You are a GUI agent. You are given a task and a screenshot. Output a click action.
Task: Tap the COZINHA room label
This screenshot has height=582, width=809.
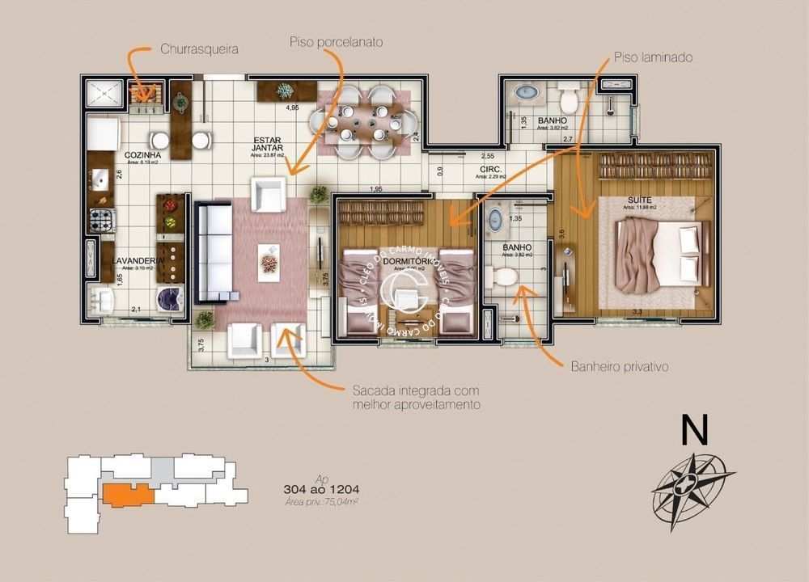[x=142, y=154]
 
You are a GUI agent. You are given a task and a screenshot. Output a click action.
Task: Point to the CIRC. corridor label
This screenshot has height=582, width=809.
[x=489, y=170]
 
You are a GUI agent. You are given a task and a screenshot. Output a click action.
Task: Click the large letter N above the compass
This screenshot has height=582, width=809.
[x=694, y=431]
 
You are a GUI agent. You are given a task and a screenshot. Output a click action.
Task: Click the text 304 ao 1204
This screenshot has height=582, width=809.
[x=322, y=489]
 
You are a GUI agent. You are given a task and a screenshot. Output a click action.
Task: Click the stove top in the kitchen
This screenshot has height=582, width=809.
[x=101, y=219]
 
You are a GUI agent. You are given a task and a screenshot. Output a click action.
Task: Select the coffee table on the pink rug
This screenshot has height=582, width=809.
[x=269, y=258]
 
